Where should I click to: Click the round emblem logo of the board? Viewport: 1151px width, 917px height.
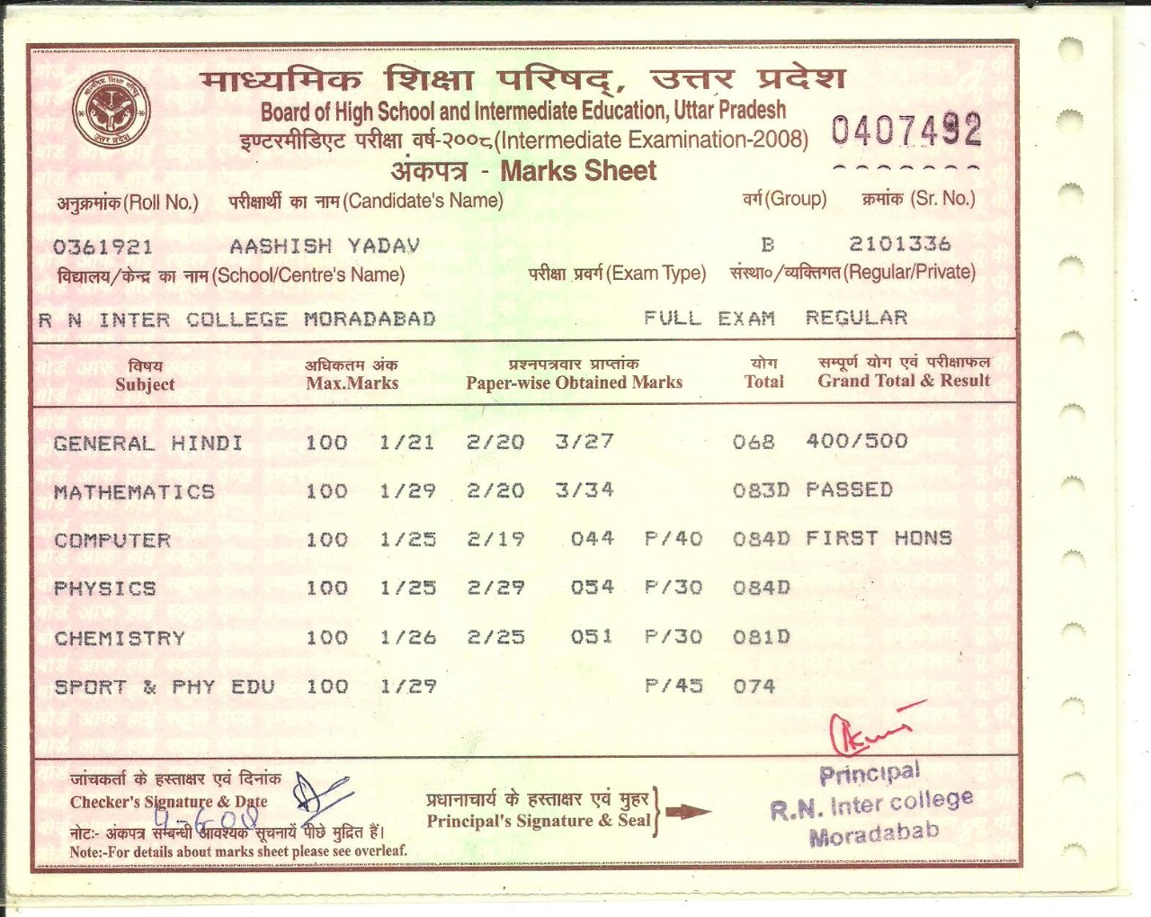point(111,111)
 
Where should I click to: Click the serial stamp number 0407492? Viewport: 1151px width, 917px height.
point(906,131)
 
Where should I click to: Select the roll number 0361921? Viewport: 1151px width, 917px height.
point(103,247)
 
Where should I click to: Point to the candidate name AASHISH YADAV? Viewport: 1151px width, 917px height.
point(325,246)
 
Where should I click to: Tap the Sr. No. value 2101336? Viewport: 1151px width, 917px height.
point(899,244)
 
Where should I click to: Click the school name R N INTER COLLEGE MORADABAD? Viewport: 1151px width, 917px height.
point(237,319)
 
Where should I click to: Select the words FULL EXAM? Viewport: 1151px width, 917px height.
point(709,319)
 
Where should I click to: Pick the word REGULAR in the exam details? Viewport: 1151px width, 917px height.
point(856,318)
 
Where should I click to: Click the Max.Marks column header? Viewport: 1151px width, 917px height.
point(352,382)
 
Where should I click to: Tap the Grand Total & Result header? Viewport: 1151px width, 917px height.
point(904,381)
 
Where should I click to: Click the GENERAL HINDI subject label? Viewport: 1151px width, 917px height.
point(148,443)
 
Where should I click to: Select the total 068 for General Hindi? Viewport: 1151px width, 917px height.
point(754,441)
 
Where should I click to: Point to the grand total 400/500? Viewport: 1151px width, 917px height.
point(857,441)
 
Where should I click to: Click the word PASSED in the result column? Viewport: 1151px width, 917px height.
point(849,490)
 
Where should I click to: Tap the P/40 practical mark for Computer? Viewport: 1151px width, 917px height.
point(674,538)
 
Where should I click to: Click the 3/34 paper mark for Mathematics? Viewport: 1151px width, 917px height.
point(584,490)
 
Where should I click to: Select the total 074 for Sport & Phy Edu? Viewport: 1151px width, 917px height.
point(754,687)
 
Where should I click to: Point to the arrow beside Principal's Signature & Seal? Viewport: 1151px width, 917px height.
point(688,812)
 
